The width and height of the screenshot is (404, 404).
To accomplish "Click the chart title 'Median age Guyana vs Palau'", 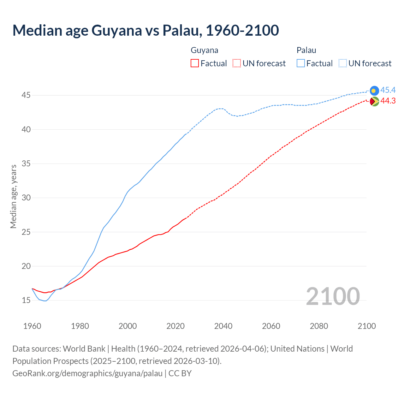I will [x=146, y=30].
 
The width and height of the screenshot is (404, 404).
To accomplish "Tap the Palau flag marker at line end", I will [x=374, y=91].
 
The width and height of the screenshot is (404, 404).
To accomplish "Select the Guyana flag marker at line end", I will [x=374, y=101].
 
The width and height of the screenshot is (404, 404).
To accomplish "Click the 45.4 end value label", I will [x=388, y=90].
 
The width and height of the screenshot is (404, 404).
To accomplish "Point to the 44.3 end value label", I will [x=388, y=101].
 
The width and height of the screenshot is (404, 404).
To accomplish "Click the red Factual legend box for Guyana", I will [x=195, y=63].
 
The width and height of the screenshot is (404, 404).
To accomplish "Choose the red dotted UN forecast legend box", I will [x=237, y=63].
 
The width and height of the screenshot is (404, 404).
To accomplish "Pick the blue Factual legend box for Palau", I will [x=301, y=63].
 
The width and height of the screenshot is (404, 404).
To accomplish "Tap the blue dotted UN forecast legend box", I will [x=343, y=63].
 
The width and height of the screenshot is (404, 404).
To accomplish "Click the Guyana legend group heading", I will [x=205, y=50].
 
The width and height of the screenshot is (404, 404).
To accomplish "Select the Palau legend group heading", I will [x=306, y=50].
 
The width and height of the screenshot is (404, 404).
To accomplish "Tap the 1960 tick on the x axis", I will [x=32, y=326].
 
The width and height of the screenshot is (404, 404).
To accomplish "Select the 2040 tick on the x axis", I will [x=223, y=326].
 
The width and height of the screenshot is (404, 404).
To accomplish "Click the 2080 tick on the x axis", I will [x=319, y=326].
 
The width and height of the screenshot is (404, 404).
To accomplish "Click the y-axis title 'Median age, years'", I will [x=13, y=196].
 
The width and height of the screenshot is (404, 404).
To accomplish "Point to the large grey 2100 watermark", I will [x=333, y=296].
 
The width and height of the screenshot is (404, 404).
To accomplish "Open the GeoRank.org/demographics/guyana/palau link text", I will [x=87, y=373].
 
